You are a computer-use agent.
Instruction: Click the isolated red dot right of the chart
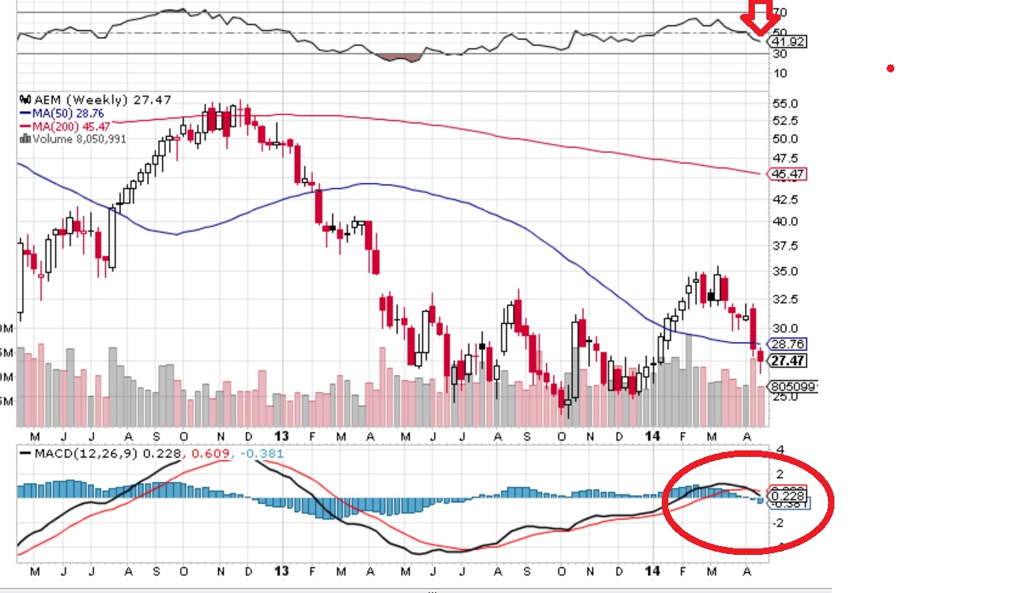pyautogui.click(x=890, y=69)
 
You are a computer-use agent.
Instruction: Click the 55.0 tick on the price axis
pyautogui.click(x=786, y=104)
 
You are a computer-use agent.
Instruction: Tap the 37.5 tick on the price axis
pyautogui.click(x=786, y=246)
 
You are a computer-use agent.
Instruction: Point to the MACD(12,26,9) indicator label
pyautogui.click(x=87, y=453)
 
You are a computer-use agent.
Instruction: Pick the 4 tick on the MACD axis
pyautogui.click(x=780, y=450)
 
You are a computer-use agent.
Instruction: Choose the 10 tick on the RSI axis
pyautogui.click(x=780, y=74)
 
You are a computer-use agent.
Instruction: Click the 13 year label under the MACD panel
pyautogui.click(x=282, y=571)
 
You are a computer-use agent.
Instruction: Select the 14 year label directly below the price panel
pyautogui.click(x=655, y=435)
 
